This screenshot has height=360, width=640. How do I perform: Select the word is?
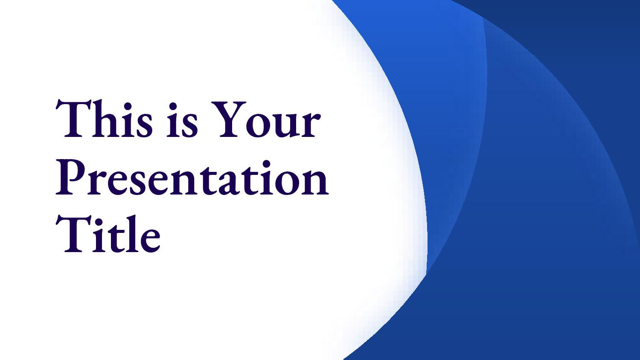coord(182,120)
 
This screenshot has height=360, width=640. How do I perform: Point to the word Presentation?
coord(192,178)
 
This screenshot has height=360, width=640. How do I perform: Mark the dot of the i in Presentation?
coord(266,164)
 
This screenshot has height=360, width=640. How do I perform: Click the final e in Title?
coord(149,240)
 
